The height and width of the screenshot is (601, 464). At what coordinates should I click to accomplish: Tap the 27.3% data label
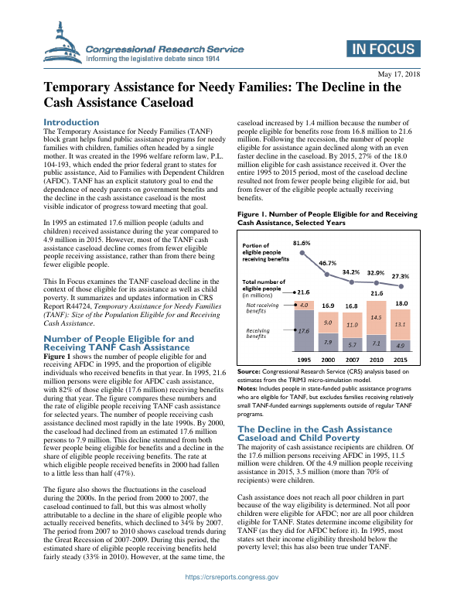(401, 276)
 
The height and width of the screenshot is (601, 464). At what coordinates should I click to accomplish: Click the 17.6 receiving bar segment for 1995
(305, 330)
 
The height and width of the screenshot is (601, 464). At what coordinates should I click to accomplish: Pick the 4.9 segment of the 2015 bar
(401, 344)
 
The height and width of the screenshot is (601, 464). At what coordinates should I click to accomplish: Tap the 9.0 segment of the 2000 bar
(329, 323)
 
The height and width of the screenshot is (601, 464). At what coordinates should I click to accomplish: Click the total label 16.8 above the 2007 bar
(353, 306)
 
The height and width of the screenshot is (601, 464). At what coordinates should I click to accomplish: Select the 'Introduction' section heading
(71, 122)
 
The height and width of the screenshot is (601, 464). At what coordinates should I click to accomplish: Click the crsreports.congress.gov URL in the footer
(231, 577)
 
